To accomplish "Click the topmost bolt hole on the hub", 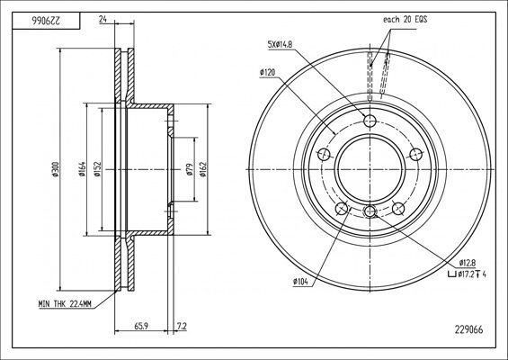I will [x=369, y=122].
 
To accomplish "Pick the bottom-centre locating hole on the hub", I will [x=369, y=211].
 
